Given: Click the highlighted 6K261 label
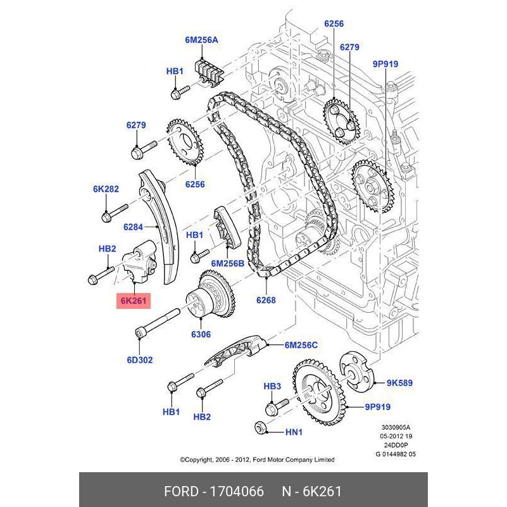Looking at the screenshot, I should (134, 301).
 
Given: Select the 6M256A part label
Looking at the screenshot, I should (201, 40).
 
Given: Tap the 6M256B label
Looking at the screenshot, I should (227, 263).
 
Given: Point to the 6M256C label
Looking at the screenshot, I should (301, 345).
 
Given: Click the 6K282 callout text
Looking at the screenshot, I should (106, 189).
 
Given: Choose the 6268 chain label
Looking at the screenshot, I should (266, 301).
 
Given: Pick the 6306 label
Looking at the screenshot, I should (201, 334).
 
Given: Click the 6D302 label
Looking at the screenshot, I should (139, 360).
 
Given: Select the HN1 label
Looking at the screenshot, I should (294, 432).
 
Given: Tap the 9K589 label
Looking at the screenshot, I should (399, 383).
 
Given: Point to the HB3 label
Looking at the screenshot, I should (272, 386).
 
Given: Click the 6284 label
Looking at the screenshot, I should (134, 226).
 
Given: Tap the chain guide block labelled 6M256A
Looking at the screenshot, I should (211, 69).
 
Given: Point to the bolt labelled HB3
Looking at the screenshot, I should (278, 402).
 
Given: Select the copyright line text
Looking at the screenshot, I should (257, 460).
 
